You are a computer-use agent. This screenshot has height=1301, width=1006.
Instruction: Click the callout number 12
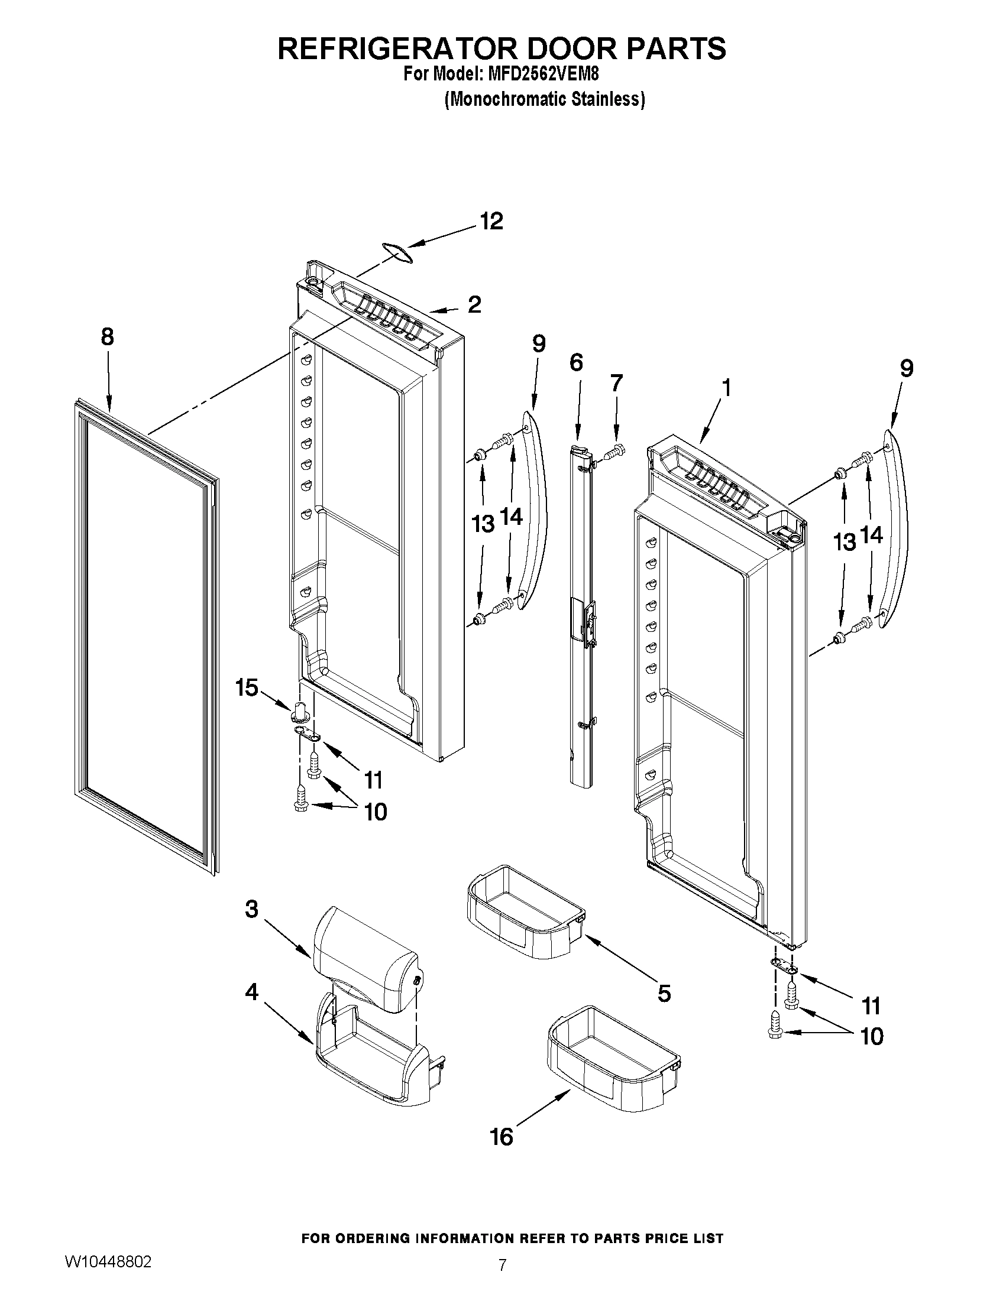pyautogui.click(x=491, y=222)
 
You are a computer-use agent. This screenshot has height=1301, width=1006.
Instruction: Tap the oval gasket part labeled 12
pyautogui.click(x=397, y=252)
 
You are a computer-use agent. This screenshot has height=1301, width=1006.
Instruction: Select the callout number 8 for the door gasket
pyautogui.click(x=107, y=337)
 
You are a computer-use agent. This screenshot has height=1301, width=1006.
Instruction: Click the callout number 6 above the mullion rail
pyautogui.click(x=575, y=363)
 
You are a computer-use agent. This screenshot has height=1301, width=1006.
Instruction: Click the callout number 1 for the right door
pyautogui.click(x=726, y=388)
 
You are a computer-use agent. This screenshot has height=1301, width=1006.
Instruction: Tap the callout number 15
pyautogui.click(x=247, y=687)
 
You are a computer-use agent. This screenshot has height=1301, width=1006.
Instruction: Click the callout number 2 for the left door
pyautogui.click(x=474, y=305)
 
